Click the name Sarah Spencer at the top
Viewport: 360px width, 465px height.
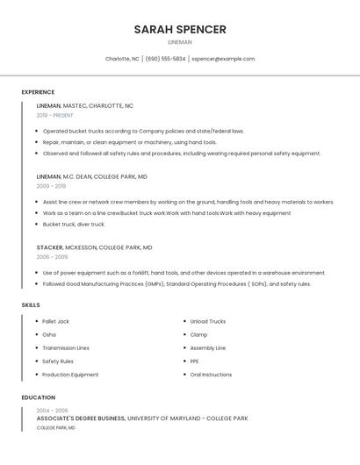(180, 30)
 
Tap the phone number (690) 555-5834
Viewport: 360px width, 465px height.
(165, 59)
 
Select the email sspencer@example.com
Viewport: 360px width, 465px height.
(223, 59)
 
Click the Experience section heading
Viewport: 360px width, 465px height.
(38, 92)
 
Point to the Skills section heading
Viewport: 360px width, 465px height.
(31, 304)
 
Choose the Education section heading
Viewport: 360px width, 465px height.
(39, 397)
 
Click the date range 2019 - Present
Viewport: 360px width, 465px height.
(55, 115)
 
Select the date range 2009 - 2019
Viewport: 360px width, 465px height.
(51, 186)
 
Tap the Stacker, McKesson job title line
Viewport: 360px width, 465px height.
(94, 247)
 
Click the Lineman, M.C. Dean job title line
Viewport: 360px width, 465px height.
(91, 176)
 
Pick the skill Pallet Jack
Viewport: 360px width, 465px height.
(55, 321)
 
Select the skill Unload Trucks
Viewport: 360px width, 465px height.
(207, 321)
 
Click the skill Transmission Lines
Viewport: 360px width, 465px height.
(66, 348)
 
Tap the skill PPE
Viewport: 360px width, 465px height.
(194, 361)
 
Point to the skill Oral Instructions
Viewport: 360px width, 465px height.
(211, 375)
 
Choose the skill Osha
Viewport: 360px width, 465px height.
(49, 334)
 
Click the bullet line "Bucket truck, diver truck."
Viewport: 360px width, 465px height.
(74, 224)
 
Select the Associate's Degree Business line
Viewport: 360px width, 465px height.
(142, 418)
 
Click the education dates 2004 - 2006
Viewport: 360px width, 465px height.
(52, 410)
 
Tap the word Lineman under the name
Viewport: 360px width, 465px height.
(180, 42)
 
